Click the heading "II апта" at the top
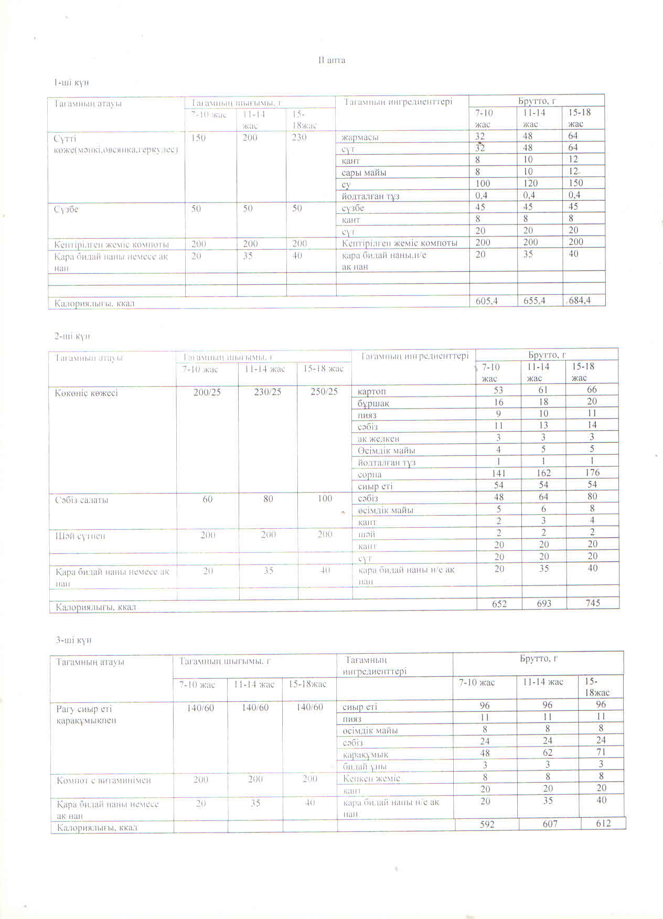click(x=332, y=60)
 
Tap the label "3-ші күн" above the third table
click(x=74, y=640)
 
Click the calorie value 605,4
click(x=487, y=301)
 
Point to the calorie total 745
click(x=593, y=603)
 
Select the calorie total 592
click(x=487, y=824)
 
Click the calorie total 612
click(x=603, y=823)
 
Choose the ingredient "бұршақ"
click(x=373, y=403)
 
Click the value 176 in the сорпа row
click(x=592, y=473)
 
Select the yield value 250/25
click(x=324, y=392)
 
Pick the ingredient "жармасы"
click(x=360, y=137)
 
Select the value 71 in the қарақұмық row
click(x=601, y=752)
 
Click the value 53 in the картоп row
click(x=498, y=390)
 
